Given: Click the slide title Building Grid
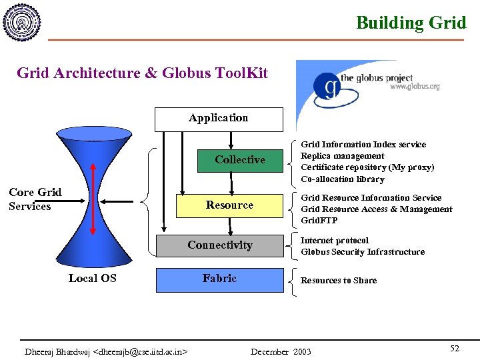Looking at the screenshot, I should (x=411, y=23).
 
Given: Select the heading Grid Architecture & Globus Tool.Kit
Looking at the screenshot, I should (x=142, y=73).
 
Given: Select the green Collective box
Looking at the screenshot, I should (x=240, y=160).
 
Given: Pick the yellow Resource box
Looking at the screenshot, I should (x=229, y=205).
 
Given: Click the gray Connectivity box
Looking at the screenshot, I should (x=220, y=245).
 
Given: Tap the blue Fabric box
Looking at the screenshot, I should (x=220, y=279).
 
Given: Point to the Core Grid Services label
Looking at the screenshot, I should (x=35, y=199).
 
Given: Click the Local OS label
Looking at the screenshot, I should (x=92, y=279).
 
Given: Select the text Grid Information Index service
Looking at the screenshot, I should (x=363, y=145).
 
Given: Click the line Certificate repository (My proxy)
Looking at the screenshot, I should (x=367, y=167).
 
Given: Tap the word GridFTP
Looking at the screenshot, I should (x=319, y=221).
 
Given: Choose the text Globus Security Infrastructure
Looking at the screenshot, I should (x=363, y=252).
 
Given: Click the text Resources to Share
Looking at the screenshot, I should (x=339, y=281).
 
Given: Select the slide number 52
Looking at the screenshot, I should (x=455, y=349).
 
